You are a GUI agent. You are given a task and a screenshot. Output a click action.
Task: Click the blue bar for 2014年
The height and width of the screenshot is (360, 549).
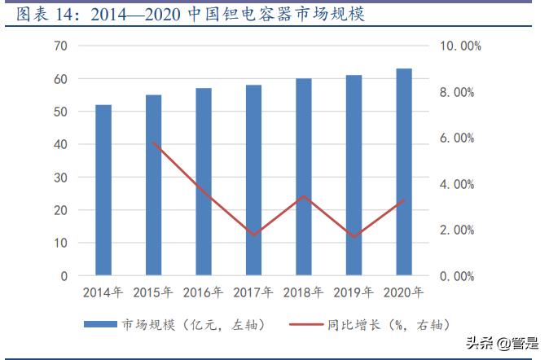coord(103,190)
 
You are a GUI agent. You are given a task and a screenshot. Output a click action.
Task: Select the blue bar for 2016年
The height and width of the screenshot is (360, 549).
coord(204,182)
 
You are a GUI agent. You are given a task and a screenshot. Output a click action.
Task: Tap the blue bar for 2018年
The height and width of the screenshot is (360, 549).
coord(304,177)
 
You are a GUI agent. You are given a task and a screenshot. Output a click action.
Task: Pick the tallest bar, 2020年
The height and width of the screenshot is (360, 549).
coord(404,172)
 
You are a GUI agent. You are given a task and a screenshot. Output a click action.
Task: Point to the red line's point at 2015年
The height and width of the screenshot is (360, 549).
coord(153,143)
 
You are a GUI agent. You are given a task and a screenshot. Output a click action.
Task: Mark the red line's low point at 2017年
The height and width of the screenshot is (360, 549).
coord(253,235)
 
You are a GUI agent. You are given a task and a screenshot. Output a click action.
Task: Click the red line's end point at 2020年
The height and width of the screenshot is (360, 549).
coord(404,200)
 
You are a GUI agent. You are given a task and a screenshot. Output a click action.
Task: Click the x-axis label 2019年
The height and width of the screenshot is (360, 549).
coord(354,292)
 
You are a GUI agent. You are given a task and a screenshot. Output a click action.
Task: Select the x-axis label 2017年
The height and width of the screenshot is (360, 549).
coord(253,292)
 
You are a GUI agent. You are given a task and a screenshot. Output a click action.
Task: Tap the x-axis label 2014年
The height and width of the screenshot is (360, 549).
coord(103,292)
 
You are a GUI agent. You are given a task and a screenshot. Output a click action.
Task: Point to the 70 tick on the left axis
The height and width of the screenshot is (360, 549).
coord(60,46)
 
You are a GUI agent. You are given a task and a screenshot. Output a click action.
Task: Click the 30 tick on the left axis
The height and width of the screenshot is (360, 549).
coord(60,177)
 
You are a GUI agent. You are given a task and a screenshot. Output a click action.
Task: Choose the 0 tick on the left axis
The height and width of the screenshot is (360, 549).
coord(64,276)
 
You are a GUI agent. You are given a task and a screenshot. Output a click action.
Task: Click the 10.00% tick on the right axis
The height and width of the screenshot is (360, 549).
coord(461,46)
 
